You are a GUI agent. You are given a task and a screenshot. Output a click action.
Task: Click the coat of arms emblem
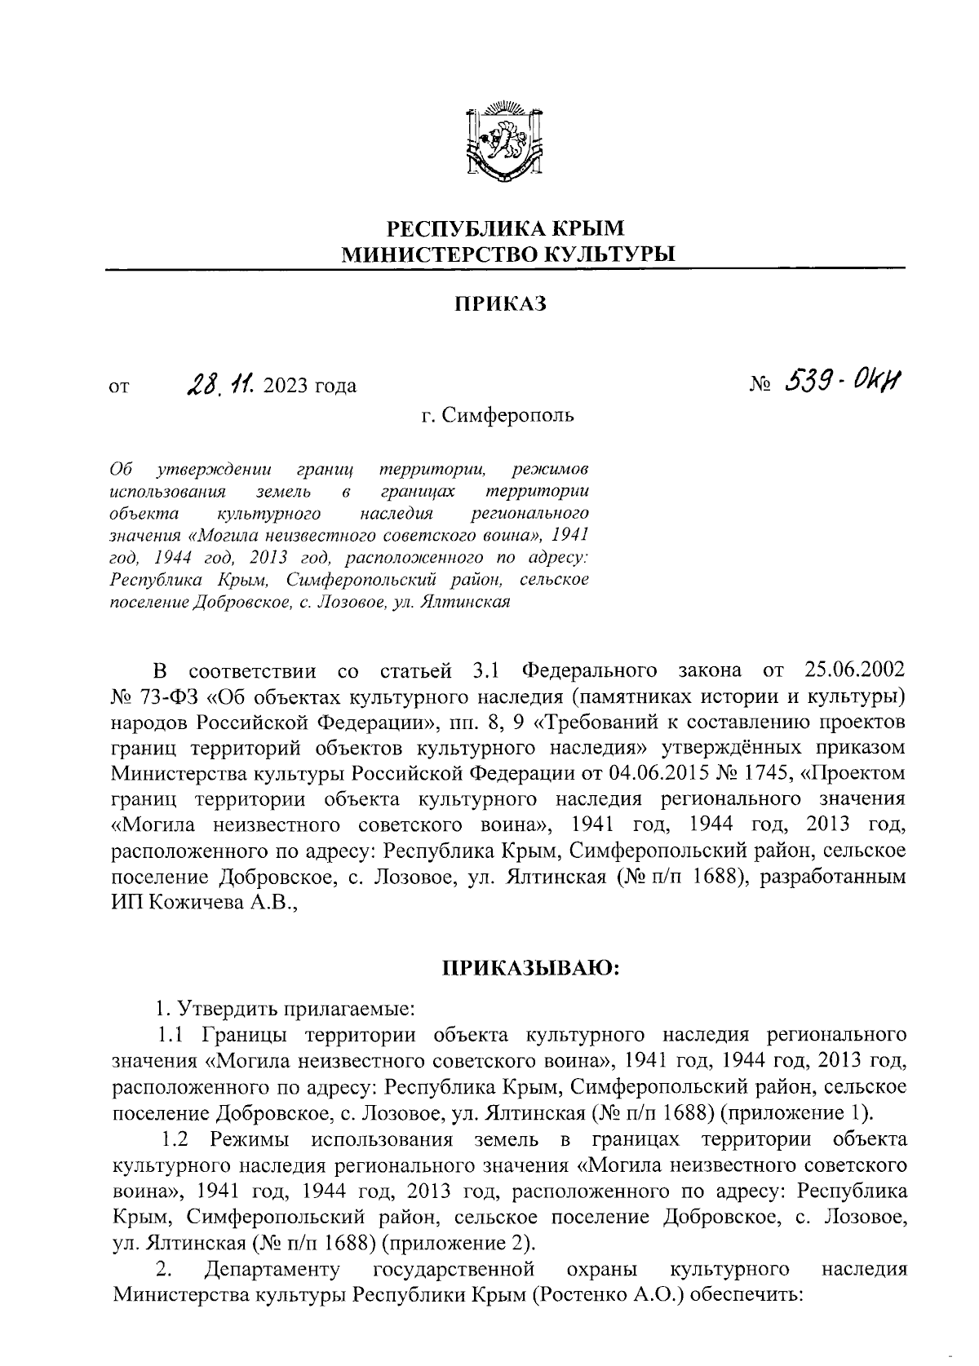pos(503,140)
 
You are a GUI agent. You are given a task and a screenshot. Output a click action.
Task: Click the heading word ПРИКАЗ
pos(499,304)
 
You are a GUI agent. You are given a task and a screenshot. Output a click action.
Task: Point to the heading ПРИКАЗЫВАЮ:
pos(531,969)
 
